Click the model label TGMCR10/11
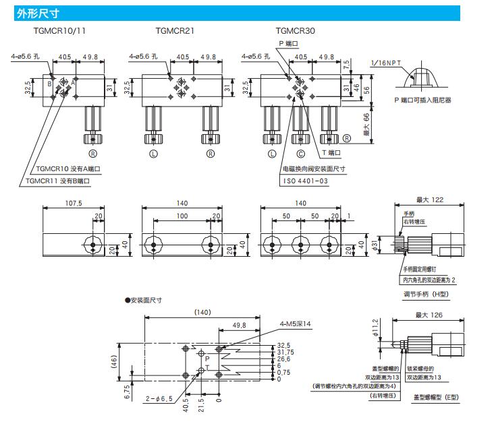(59, 31)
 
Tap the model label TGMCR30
(295, 31)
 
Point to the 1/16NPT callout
(385, 63)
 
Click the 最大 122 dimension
(431, 200)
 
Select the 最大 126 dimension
(431, 314)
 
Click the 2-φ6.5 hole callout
(160, 399)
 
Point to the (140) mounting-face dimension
(202, 312)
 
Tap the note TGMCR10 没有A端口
(67, 168)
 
